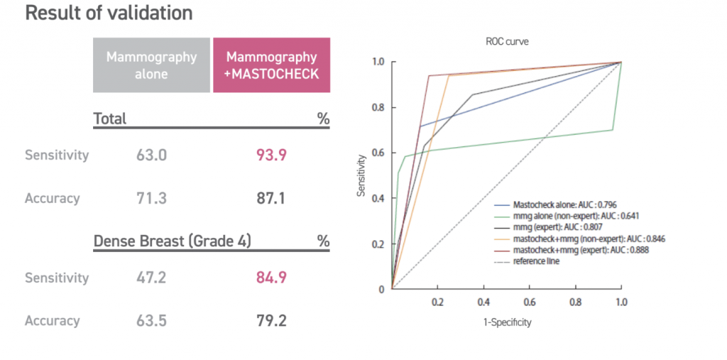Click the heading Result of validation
point(109,13)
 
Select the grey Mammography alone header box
point(151,65)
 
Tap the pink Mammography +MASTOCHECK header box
point(271,65)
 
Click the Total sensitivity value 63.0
point(151,155)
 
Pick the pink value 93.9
point(271,155)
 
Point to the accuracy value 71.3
point(151,199)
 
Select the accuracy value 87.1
point(271,199)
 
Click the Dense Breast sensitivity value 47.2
point(151,278)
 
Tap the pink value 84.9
point(271,278)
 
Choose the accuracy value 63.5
point(151,321)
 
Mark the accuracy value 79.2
point(271,321)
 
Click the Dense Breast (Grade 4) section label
point(173,241)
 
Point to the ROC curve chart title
point(507,42)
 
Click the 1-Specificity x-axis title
point(506,322)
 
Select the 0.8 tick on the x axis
point(576,301)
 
